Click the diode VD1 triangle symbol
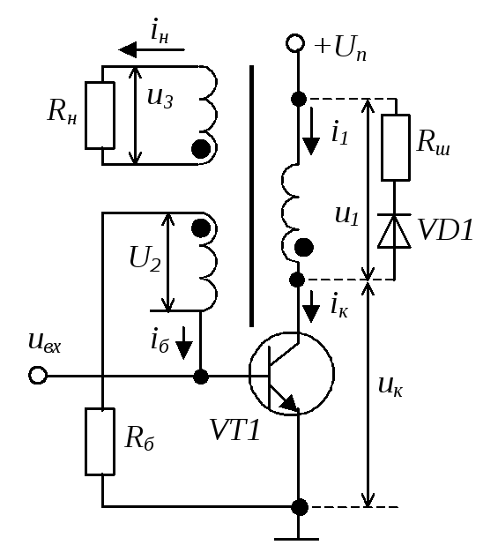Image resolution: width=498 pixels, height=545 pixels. pos(394,231)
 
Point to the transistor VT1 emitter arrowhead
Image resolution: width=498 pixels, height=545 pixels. pos(289,403)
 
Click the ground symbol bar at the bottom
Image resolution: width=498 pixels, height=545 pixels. pos(297,539)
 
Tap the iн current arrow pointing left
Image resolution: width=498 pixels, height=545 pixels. pos(152,49)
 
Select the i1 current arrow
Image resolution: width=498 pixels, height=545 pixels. pos(311,131)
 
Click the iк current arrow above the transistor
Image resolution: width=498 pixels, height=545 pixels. pos(311,307)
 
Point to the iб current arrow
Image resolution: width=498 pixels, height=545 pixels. pos(183,343)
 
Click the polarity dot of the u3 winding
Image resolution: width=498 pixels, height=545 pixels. pos(201,149)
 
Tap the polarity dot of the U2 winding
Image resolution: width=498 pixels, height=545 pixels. pos(201,228)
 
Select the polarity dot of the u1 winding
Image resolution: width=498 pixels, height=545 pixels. pos(304,248)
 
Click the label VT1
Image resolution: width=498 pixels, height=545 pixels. pos(234,430)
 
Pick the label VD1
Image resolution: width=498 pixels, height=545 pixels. pos(446,230)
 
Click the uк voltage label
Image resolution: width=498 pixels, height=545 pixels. pos(390,386)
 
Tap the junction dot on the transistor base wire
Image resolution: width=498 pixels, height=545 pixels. pos(200,377)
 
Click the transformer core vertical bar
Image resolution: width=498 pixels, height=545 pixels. pos(251,196)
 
